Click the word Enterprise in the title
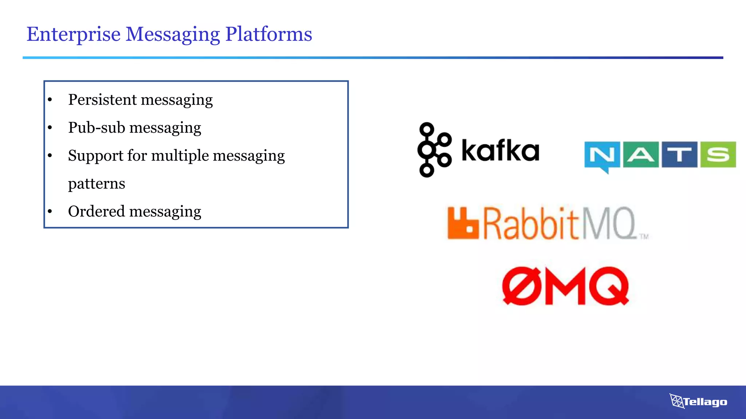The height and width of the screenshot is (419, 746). click(x=73, y=34)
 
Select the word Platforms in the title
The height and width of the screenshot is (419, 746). click(x=268, y=34)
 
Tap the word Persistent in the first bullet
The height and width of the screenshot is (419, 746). click(x=102, y=100)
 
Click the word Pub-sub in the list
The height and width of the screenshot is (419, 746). click(x=97, y=128)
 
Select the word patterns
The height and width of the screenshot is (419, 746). click(x=97, y=184)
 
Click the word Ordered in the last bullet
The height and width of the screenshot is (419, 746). click(x=97, y=211)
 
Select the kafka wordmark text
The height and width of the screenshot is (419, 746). click(x=500, y=150)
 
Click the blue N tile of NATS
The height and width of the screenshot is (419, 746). click(x=602, y=155)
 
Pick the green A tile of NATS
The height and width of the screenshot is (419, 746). click(x=641, y=155)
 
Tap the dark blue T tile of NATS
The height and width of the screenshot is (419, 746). click(x=679, y=155)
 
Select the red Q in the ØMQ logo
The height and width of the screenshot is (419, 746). click(x=609, y=286)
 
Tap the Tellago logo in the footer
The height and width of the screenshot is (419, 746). click(x=698, y=402)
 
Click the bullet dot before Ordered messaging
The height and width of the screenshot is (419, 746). click(x=50, y=211)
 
